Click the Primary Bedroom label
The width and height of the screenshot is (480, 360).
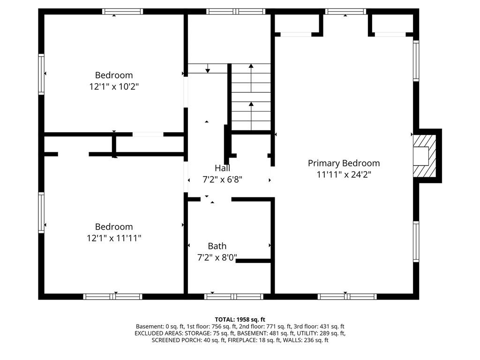[344, 163]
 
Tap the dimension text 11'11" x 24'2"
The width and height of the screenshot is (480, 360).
[344, 174]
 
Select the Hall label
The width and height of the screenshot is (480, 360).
[222, 168]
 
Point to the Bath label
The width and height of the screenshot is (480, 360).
[217, 246]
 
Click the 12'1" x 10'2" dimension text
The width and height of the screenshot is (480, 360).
[114, 86]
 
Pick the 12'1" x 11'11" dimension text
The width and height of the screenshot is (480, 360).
[114, 238]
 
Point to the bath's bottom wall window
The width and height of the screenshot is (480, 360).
[234, 296]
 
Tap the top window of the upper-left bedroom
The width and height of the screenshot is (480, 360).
[122, 11]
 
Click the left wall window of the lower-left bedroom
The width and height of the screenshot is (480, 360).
[41, 213]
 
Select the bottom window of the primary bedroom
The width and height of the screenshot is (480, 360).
[347, 296]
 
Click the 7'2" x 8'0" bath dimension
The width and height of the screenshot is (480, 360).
[217, 257]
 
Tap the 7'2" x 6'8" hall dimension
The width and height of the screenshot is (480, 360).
[222, 179]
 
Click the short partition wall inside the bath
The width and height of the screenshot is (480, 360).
[253, 260]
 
